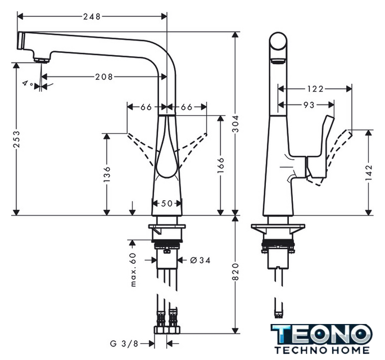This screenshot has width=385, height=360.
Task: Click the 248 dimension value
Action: coord(92,16)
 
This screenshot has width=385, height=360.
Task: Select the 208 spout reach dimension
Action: coord(104,77)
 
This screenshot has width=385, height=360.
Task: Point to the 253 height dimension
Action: coord(16,139)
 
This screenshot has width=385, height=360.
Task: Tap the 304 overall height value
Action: coord(235,124)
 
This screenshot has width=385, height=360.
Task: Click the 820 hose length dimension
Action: coord(235,272)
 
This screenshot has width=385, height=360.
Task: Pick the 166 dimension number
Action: coord(221,165)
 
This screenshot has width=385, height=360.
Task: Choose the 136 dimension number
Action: coord(107,174)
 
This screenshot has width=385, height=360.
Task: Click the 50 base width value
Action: coord(167,204)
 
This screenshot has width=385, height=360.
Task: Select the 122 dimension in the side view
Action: coord(315,89)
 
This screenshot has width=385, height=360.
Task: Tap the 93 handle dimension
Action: coord(309,105)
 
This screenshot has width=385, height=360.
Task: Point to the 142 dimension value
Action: coord(369,173)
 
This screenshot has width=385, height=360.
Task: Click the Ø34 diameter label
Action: coord(200,260)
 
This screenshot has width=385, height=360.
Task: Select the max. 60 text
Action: coord(133,269)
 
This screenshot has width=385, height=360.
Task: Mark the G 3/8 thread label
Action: coord(124,343)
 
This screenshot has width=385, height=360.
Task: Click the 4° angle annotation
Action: coord(28,83)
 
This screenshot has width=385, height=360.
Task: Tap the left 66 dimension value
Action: coord(146,107)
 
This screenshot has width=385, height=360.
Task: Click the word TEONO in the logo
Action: coord(321,335)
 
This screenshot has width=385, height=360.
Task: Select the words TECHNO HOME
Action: coord(322,350)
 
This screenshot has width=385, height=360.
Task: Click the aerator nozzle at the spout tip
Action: coord(42,60)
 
